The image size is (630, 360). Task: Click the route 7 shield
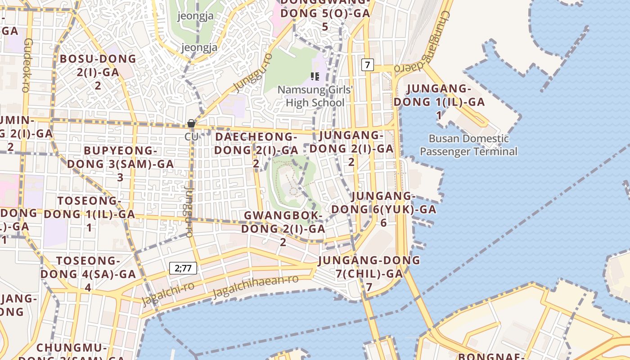pos(367,65)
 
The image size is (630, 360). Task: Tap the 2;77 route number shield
pos(183,269)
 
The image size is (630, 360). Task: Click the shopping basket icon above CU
pos(191,123)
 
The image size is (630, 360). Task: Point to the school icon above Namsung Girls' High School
pos(315,76)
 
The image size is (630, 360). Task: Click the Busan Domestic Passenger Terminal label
pos(468,145)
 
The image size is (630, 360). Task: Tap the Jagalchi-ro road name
pos(168,293)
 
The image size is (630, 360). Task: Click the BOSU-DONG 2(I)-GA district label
pos(98,72)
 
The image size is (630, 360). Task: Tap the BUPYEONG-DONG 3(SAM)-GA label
pos(120,164)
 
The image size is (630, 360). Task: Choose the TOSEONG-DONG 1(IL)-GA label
pos(89,214)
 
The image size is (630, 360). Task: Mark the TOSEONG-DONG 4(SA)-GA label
pos(88,274)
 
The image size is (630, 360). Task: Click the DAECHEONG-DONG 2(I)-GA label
pos(256,149)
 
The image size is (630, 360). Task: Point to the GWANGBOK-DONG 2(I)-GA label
pos(283,229)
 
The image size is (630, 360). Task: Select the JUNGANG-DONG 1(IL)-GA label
pos(439,101)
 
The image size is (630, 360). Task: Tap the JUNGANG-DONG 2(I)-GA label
pos(351,148)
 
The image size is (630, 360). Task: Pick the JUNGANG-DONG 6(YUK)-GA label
pos(383,209)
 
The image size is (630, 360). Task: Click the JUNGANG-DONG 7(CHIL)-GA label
pos(369,273)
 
